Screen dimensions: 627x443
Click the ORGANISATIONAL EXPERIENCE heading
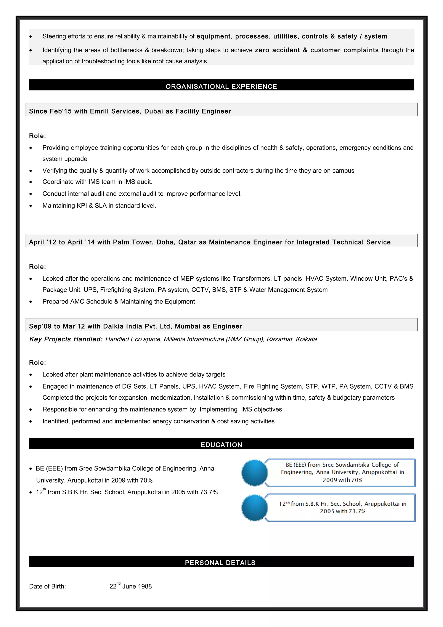221,87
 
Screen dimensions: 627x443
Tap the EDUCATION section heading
221,445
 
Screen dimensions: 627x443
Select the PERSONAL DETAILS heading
220,563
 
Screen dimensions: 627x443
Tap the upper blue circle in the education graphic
254,473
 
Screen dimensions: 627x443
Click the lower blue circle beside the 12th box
254,508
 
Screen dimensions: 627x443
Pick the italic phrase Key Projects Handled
66,339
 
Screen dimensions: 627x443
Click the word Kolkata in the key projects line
306,339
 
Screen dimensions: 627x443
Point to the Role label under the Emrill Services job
37,136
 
